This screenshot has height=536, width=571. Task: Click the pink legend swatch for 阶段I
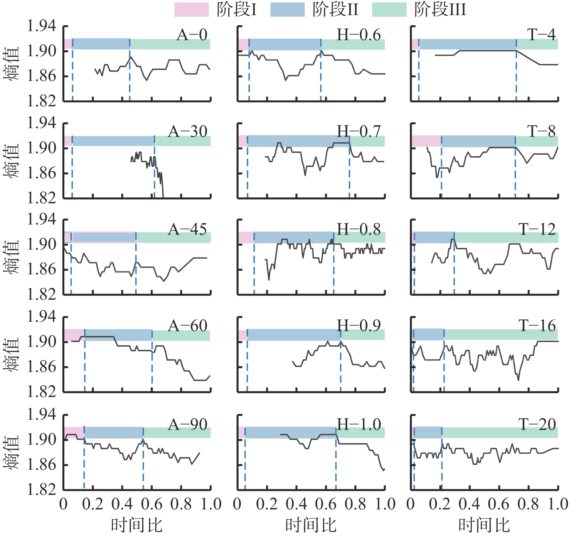[x=192, y=10]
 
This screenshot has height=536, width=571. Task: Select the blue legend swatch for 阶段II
[x=287, y=10]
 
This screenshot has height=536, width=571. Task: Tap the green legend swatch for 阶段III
[x=389, y=10]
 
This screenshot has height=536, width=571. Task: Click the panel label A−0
[x=192, y=35]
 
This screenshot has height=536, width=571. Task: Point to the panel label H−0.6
[x=359, y=35]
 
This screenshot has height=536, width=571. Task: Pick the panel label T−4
[x=541, y=35]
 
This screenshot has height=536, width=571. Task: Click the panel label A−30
[x=188, y=132]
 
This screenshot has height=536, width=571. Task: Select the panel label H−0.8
[x=359, y=230]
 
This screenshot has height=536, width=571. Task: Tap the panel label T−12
[x=537, y=230]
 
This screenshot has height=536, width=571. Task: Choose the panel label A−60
[x=188, y=326]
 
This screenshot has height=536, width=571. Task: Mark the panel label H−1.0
[x=359, y=425]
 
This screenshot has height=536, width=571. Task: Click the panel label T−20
[x=537, y=425]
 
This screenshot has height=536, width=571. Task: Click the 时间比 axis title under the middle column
[x=311, y=525]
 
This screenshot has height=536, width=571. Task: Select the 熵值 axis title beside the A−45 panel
[x=11, y=257]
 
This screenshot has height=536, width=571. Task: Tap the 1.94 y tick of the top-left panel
[x=41, y=26]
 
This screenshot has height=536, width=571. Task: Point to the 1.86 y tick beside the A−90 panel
[x=41, y=464]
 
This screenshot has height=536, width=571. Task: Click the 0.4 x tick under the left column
[x=122, y=504]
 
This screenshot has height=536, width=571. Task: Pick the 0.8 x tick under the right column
[x=528, y=504]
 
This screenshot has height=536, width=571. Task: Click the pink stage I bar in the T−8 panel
[x=426, y=141]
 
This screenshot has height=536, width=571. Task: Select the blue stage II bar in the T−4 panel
[x=468, y=44]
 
